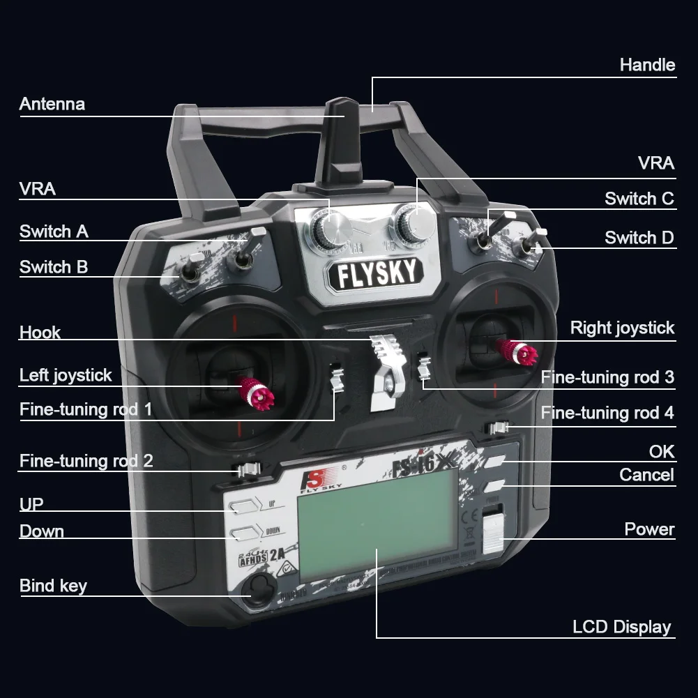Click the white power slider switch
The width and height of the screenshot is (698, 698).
[492, 531]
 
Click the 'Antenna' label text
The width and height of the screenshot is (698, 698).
[52, 105]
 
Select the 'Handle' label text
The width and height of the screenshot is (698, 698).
[647, 65]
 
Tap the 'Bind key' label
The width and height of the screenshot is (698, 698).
[53, 586]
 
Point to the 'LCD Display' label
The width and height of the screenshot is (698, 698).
[621, 627]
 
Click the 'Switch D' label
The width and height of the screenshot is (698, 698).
[639, 238]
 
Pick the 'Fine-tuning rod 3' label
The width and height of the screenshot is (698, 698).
[607, 377]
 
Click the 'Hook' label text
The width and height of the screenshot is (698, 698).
[40, 333]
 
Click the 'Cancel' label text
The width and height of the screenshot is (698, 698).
[646, 475]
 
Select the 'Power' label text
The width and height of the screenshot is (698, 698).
[649, 529]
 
